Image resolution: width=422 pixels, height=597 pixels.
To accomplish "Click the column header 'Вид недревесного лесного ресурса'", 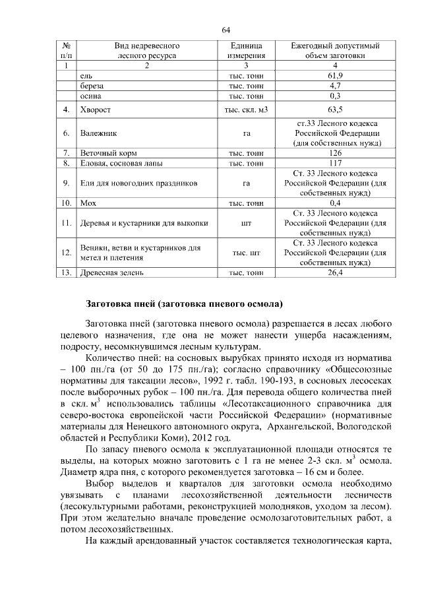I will pyautogui.click(x=147, y=51).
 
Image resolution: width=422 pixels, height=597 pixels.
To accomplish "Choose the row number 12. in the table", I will pyautogui.click(x=66, y=252).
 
